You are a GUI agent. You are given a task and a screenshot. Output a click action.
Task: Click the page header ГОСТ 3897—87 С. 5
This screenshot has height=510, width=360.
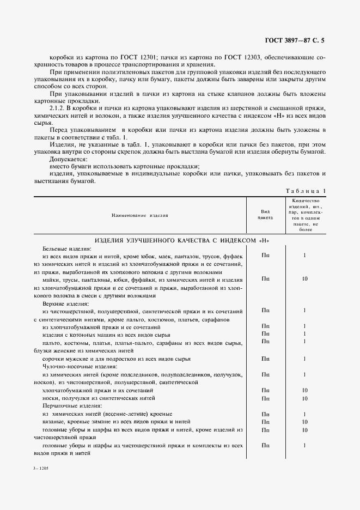(297, 40)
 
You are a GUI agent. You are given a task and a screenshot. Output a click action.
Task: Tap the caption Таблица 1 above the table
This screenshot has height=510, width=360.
(305, 191)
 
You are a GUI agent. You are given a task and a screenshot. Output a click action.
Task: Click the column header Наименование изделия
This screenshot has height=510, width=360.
(139, 215)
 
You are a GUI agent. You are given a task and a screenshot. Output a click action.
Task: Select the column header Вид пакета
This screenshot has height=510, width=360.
(265, 215)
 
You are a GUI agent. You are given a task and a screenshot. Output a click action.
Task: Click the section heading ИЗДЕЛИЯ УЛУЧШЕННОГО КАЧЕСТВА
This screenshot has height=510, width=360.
(182, 240)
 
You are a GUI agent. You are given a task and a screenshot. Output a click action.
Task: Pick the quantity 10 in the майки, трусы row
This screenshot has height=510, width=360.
(304, 279)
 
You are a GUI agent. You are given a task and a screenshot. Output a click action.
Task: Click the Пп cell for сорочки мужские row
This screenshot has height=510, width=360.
(265, 359)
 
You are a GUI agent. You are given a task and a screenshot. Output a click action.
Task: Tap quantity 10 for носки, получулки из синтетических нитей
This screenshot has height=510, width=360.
(304, 398)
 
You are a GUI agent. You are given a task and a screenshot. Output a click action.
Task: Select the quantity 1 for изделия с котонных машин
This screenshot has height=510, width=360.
(304, 333)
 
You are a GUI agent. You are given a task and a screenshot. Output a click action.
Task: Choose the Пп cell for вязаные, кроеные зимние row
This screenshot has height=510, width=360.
(265, 422)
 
